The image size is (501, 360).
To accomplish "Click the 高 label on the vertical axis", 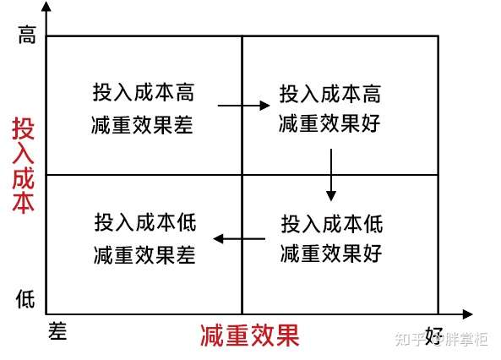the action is pos(27,35).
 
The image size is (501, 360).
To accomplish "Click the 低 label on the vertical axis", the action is pos(25,298).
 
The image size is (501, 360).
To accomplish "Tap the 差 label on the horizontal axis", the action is pos(57,331).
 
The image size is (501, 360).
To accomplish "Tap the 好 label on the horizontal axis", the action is pos(433,336).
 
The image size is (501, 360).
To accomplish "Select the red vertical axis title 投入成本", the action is pos(23,165).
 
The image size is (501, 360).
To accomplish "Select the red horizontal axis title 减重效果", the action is pos(249,335).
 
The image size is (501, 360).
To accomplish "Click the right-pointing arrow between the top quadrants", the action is pos(244,105).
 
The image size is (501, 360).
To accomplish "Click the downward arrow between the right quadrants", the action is pos(331,175).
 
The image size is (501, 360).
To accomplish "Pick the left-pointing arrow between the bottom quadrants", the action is pos(239,238).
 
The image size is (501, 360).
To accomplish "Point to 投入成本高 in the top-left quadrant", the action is pos(144,92).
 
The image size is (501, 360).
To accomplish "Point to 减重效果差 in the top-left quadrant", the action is pos(143,125).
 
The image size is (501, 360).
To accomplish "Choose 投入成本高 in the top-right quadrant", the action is pos(330,94).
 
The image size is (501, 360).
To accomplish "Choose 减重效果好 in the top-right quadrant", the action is pos(329,123).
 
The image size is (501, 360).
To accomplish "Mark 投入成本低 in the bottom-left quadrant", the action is pos(145,222).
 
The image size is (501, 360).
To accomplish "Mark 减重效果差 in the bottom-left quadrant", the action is pos(144,255).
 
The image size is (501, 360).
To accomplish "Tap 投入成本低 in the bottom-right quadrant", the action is pos(332,224).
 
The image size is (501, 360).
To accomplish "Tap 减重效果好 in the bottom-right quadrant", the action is pos(331,254).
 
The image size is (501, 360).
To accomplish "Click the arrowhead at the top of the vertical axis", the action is pos(46,7).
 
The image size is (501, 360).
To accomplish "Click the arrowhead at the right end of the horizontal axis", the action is pos(467,314).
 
